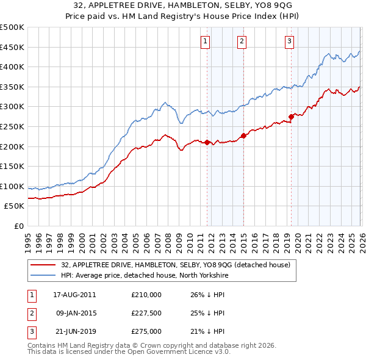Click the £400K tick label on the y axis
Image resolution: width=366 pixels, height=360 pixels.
point(12,67)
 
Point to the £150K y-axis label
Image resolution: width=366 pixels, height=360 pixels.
point(12,166)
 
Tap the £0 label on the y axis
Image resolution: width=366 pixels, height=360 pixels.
point(20,226)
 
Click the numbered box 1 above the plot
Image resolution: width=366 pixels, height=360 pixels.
point(205,41)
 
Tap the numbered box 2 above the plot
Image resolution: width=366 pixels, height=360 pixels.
point(242,41)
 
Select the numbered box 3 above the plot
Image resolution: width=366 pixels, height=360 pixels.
point(289,41)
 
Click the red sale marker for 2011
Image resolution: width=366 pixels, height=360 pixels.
point(207,142)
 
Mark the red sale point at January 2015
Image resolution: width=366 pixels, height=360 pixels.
point(243,135)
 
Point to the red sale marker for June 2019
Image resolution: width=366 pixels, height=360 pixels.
point(291,117)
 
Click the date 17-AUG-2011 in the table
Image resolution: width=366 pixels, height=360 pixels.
point(74,295)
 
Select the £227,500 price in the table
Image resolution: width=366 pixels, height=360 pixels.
point(146,313)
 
